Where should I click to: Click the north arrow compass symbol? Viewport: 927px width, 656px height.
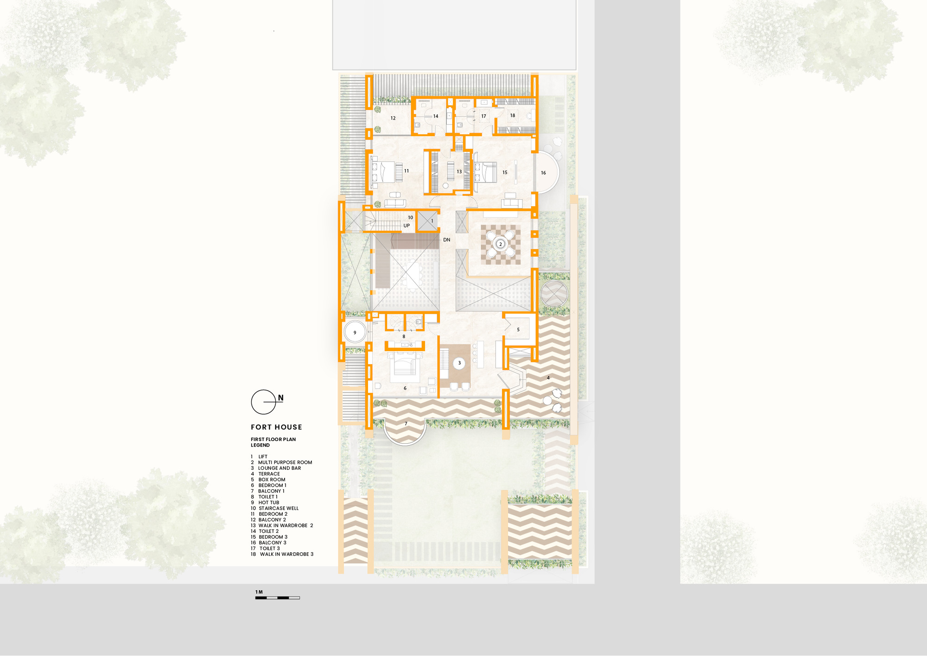[264, 402]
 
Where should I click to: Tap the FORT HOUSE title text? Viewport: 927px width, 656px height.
[276, 427]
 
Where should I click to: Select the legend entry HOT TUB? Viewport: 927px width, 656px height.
[268, 503]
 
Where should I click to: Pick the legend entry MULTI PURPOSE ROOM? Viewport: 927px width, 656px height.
[285, 462]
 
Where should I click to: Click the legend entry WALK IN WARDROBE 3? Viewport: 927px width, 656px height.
[286, 554]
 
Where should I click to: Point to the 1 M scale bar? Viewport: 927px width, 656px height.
[277, 598]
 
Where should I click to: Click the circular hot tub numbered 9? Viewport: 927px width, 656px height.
[355, 333]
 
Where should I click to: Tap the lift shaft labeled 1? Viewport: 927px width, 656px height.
[428, 221]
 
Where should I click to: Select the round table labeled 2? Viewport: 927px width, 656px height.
[500, 244]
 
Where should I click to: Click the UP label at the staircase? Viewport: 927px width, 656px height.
[406, 226]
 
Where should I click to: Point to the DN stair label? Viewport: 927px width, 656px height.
[446, 240]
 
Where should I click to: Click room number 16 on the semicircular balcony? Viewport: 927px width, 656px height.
[543, 173]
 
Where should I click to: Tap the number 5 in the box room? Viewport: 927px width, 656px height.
[518, 330]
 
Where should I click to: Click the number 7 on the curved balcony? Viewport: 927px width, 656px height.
[406, 424]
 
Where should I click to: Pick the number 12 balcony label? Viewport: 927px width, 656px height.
[393, 118]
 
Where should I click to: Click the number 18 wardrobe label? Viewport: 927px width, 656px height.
[513, 115]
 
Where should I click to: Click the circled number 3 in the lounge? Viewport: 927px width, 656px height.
[459, 363]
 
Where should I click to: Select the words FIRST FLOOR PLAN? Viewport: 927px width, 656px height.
[273, 439]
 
